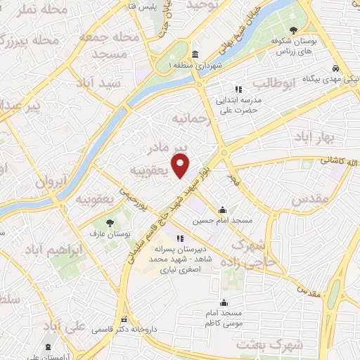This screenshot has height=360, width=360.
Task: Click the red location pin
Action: pos(181,166)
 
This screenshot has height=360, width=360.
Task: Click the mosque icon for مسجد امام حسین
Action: pos(223,210)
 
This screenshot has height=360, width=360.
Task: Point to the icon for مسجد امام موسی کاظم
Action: pos(224,302)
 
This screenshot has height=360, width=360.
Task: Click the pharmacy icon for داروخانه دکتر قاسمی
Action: pos(124,319)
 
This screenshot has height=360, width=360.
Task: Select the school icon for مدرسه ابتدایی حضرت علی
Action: pos(238,89)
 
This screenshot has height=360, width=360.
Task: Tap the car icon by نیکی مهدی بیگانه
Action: pos(337,69)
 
